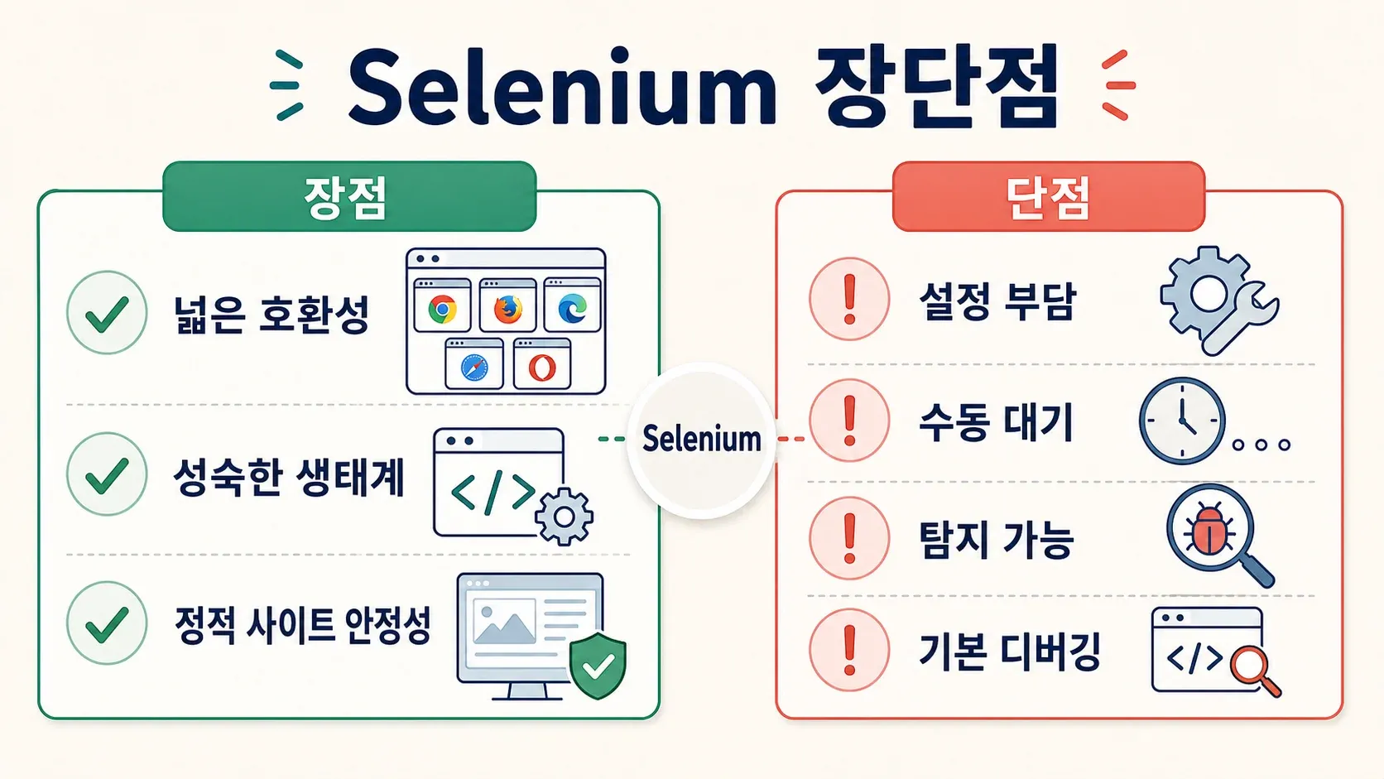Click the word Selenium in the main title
[562, 87]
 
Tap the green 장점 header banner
[349, 196]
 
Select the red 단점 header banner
[1049, 196]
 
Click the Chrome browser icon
[443, 310]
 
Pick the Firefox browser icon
[508, 310]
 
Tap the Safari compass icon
[474, 368]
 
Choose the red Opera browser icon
[542, 368]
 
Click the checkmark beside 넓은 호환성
[107, 313]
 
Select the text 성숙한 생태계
[289, 478]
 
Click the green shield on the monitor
[598, 666]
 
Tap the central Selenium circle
[701, 440]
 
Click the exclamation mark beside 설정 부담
[849, 299]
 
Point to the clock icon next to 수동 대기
[1182, 421]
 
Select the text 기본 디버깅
[1010, 652]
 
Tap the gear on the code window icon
[564, 517]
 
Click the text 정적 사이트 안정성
[303, 626]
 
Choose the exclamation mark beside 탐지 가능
[849, 538]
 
